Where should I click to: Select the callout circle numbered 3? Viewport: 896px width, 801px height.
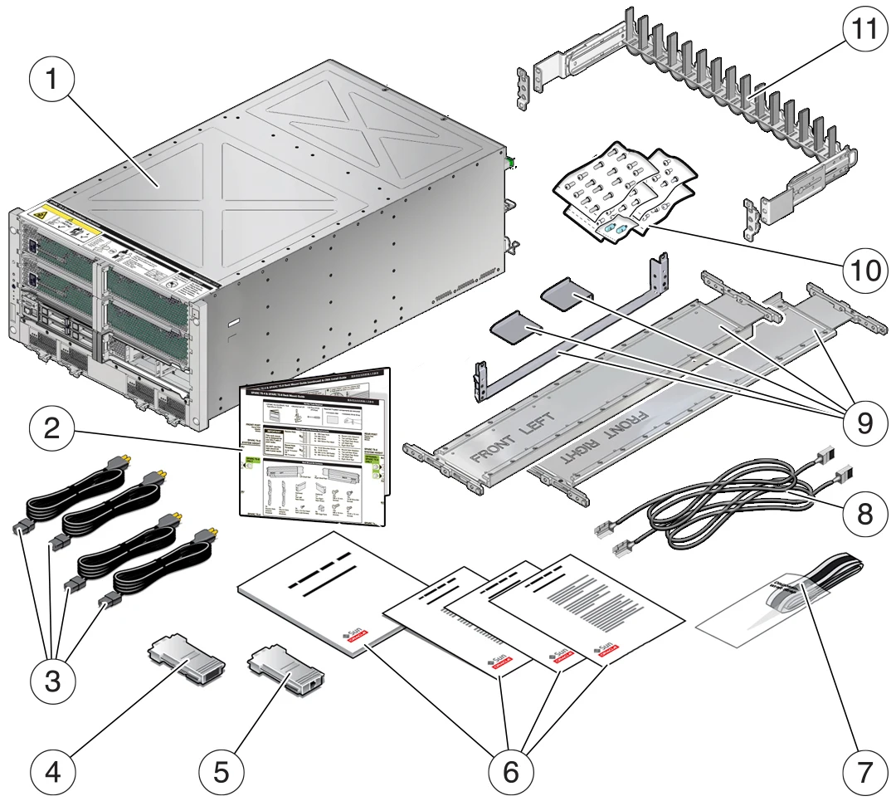51,682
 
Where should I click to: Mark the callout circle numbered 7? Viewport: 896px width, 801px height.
859,771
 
